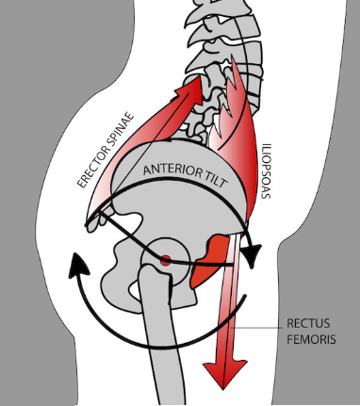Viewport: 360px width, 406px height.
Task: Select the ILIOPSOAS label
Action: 266,171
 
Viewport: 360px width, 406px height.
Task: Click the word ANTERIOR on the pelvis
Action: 170,171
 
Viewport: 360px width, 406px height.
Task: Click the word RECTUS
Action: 308,323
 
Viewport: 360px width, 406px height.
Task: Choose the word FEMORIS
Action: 311,339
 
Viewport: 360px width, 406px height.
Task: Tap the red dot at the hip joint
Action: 166,260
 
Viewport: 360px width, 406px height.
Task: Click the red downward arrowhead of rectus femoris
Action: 224,374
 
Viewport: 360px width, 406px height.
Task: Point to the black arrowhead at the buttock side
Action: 77,266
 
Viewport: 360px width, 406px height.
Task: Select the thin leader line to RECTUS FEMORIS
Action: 256,328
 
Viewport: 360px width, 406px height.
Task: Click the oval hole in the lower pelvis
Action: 136,290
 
